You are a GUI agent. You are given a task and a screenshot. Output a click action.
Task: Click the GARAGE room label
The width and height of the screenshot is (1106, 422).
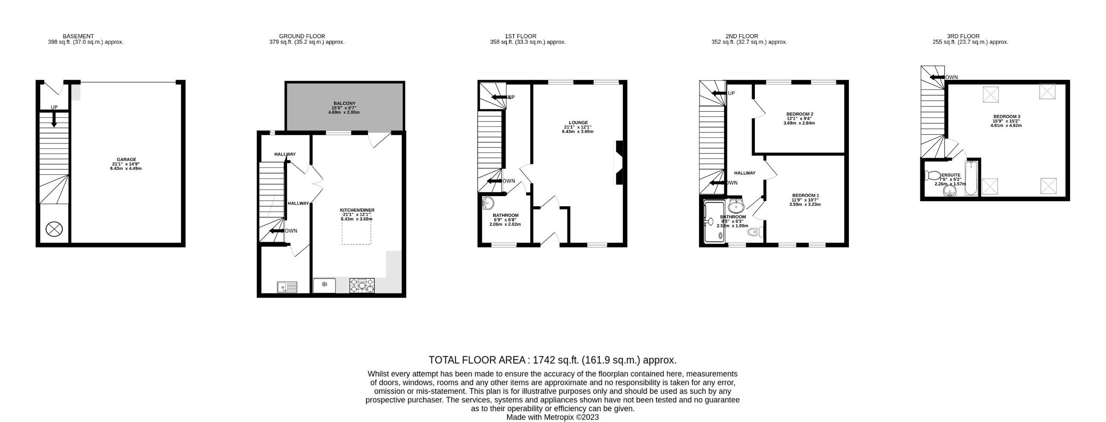(x=126, y=160)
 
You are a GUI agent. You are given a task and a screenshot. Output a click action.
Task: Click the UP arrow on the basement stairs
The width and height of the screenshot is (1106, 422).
(x=54, y=119)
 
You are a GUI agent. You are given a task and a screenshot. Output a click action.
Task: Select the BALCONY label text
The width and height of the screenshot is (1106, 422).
(x=344, y=103)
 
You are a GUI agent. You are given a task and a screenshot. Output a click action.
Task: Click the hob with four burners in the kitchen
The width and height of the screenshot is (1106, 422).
(x=362, y=285)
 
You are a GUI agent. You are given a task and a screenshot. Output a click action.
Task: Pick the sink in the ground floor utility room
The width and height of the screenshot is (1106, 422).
(x=287, y=288)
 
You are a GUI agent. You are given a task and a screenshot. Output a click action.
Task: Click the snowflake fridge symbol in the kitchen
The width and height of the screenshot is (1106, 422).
(x=324, y=285)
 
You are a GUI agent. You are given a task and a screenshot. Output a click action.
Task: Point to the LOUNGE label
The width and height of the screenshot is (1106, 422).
(x=577, y=123)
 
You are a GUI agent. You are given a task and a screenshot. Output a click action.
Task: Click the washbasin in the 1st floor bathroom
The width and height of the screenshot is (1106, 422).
(x=488, y=203)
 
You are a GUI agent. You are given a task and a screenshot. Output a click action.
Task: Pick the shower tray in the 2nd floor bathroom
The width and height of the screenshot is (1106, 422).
(x=714, y=222)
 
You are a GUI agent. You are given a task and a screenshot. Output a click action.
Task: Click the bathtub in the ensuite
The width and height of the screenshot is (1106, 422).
(x=971, y=178)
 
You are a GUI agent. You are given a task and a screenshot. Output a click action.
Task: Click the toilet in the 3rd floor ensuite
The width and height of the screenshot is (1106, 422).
(x=933, y=176)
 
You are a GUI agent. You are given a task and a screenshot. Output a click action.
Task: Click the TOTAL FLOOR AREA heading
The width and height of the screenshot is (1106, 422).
(x=552, y=360)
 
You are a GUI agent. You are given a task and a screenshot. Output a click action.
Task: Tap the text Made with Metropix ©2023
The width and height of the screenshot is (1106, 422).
(x=552, y=417)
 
